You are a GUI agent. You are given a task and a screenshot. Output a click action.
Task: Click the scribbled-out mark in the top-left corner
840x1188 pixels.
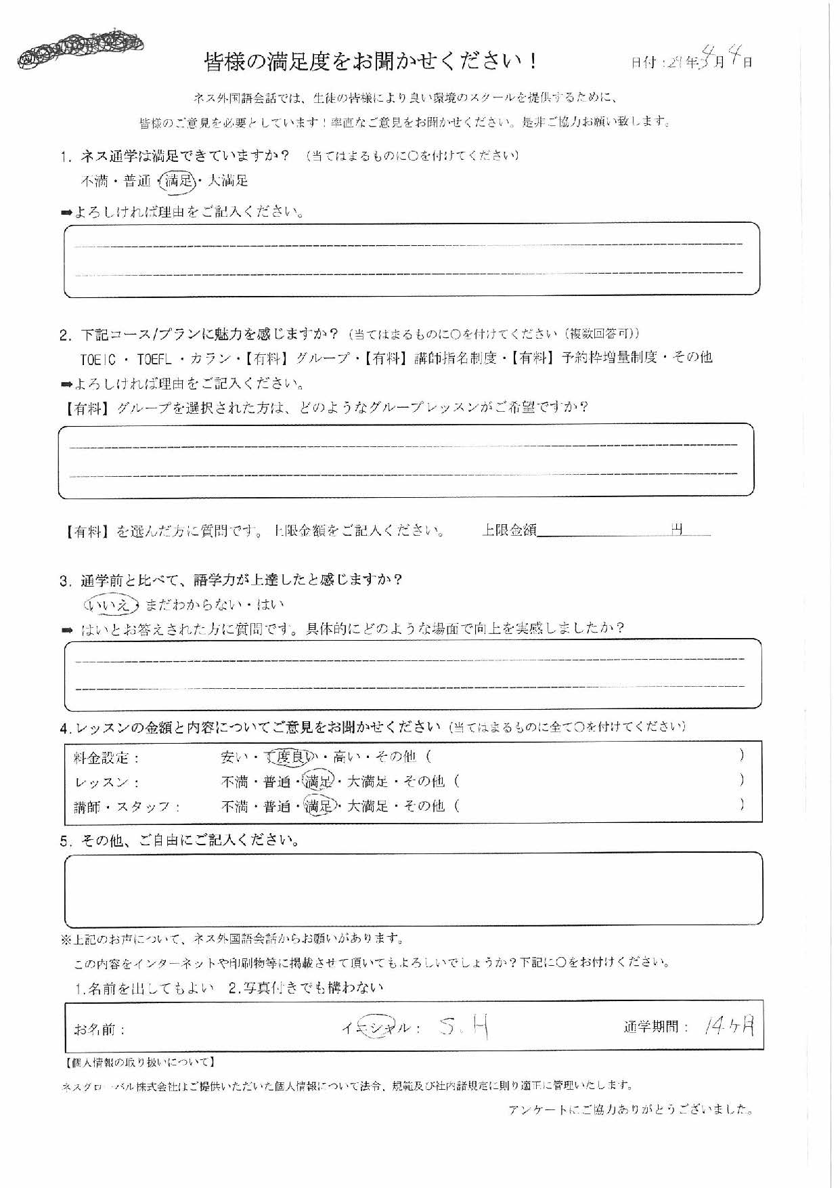tap(80, 48)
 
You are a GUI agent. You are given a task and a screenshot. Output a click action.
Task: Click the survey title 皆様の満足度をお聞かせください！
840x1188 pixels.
tap(371, 62)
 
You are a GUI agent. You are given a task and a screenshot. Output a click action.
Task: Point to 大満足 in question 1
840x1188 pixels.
tap(227, 181)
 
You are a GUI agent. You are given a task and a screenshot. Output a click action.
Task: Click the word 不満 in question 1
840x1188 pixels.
tap(94, 181)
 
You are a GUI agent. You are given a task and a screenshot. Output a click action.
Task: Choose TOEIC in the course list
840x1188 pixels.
tap(99, 358)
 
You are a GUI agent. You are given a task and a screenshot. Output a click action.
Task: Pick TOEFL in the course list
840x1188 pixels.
tap(154, 358)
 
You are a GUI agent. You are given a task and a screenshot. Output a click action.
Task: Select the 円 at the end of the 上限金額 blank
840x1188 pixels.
tap(677, 530)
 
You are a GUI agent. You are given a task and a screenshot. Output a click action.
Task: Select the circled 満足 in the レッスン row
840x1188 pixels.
tap(318, 782)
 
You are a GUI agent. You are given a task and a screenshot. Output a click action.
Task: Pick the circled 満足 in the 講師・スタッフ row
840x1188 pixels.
tap(319, 806)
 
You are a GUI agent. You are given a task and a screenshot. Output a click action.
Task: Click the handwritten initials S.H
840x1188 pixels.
tap(463, 1027)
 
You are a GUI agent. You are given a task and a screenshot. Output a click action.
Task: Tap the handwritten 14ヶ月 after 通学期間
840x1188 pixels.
tap(728, 1027)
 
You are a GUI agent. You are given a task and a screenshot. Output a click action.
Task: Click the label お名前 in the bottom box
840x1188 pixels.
tap(100, 1030)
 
